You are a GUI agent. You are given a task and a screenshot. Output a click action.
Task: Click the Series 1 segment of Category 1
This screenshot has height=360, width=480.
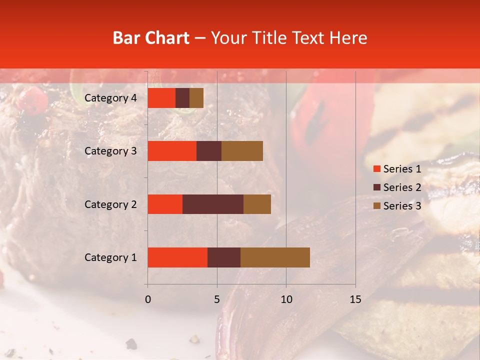click(x=177, y=257)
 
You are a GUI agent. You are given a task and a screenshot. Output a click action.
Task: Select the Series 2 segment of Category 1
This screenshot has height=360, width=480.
click(x=224, y=257)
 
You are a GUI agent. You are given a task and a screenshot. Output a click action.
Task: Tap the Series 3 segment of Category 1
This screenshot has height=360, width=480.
click(x=275, y=257)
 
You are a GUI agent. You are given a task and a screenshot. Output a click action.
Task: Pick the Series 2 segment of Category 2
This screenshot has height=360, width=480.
click(x=213, y=204)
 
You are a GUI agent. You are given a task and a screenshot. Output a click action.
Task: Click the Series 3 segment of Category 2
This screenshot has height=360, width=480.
click(x=257, y=204)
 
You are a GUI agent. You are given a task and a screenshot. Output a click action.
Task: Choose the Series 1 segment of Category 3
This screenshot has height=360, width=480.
click(x=172, y=151)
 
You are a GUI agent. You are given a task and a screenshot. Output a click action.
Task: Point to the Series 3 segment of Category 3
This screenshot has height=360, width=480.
click(x=242, y=151)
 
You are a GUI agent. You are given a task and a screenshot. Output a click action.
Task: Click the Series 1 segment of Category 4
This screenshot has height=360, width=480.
click(x=161, y=98)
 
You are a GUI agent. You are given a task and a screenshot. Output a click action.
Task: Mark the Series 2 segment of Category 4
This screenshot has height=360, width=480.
click(x=182, y=98)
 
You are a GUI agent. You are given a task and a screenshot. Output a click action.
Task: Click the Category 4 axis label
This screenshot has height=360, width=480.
click(x=110, y=98)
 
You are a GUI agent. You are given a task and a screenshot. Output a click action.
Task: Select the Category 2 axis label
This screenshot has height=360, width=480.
click(x=110, y=204)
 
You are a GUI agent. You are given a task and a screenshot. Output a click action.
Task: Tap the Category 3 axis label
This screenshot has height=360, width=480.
click(x=110, y=151)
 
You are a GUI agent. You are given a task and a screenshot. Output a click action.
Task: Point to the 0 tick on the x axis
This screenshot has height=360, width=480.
click(x=147, y=299)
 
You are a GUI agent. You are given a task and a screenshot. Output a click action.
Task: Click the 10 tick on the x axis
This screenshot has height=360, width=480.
click(x=286, y=299)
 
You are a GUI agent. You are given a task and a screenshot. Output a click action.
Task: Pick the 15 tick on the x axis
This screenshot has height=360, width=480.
click(x=355, y=299)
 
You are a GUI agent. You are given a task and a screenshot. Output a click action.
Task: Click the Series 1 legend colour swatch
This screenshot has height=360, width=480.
click(x=376, y=169)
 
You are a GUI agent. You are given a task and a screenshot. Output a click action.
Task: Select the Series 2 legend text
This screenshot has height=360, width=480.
click(x=402, y=187)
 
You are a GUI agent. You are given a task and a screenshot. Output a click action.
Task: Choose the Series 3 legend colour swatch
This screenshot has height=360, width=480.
click(x=376, y=206)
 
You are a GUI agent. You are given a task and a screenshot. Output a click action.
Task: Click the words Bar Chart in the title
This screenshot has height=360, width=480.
click(x=151, y=38)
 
